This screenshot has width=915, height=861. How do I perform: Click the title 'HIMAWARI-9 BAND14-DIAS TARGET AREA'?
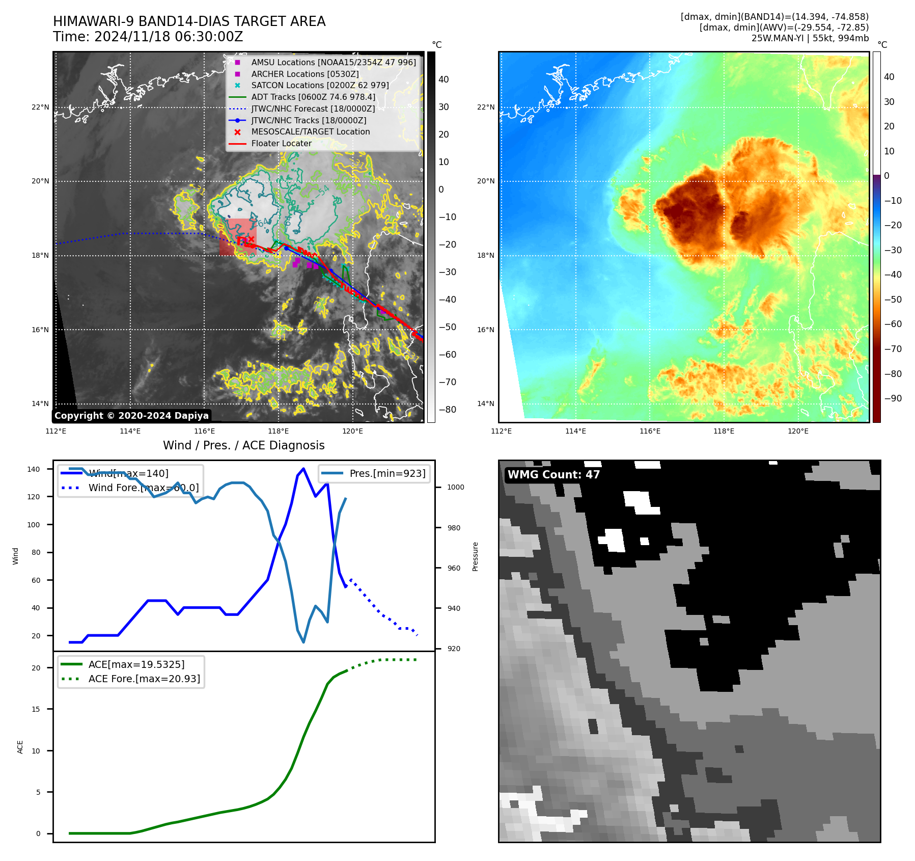[189, 21]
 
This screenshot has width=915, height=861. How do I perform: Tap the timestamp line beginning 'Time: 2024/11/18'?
[148, 37]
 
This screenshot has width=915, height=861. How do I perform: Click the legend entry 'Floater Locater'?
[281, 143]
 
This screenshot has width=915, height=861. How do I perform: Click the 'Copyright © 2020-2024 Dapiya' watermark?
[131, 416]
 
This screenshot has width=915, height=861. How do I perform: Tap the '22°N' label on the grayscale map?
[40, 107]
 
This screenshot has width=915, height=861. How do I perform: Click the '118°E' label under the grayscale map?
[278, 431]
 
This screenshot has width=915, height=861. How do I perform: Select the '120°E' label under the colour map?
[798, 431]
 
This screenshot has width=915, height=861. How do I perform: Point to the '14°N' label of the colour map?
[485, 403]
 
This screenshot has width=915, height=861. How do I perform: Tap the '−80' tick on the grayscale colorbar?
[447, 410]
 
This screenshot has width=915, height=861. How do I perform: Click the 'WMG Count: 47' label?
[553, 475]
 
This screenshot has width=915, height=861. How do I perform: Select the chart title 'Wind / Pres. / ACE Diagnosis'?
[243, 445]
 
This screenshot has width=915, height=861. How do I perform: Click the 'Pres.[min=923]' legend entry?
[387, 473]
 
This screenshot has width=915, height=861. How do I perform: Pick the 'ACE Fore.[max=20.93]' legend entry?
[144, 679]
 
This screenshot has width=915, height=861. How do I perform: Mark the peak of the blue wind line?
[303, 468]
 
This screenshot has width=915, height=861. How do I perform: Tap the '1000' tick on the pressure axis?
[455, 487]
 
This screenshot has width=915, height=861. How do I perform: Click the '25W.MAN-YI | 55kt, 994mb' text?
[810, 38]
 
